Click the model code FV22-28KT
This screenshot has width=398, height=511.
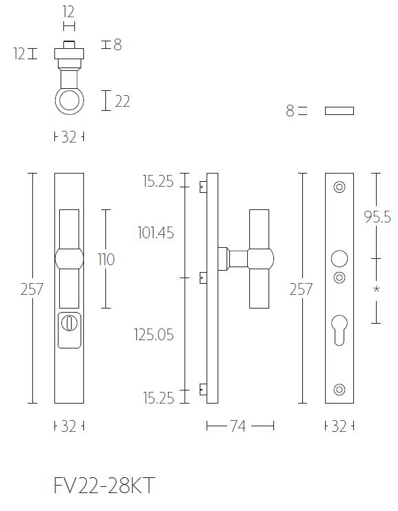[x=103, y=486]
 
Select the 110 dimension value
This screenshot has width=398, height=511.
[x=106, y=260]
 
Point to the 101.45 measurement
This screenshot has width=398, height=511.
[x=156, y=233]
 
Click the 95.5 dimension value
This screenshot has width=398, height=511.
[x=377, y=218]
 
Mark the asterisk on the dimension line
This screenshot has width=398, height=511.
[x=377, y=290]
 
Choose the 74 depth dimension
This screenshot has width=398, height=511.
[x=238, y=427]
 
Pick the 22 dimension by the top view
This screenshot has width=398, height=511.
[x=123, y=101]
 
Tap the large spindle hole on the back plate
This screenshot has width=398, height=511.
[x=339, y=259]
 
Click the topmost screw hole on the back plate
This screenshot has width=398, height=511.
[x=339, y=186]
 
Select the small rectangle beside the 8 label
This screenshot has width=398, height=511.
[x=339, y=111]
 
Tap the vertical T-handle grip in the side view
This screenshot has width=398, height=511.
[x=259, y=260]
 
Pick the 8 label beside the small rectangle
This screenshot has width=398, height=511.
[x=290, y=111]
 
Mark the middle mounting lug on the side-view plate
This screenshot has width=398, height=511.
[x=202, y=278]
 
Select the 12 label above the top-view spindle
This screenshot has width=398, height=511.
[x=68, y=12]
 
